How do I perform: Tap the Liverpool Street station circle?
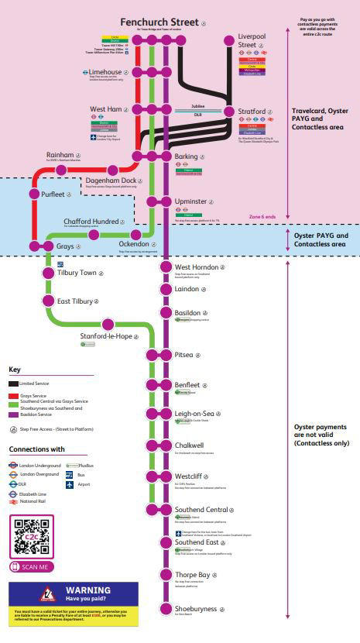point(228,40)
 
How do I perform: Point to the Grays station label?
point(66,246)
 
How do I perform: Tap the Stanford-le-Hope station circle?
point(108,324)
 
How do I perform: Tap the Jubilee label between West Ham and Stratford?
point(197,106)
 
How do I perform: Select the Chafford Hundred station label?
point(91,221)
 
